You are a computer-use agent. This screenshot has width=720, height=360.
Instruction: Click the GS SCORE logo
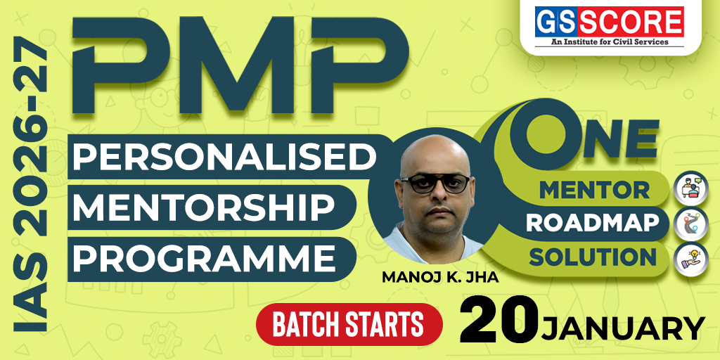(x=610, y=22)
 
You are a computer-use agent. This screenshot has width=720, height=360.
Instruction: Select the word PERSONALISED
(x=223, y=156)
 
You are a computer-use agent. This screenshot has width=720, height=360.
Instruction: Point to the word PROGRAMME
(x=205, y=257)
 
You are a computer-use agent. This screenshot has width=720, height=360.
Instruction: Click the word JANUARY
(x=623, y=328)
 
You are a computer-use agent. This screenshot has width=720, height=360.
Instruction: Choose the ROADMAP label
(x=593, y=223)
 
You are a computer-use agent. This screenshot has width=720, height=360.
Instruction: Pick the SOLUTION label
(x=592, y=257)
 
